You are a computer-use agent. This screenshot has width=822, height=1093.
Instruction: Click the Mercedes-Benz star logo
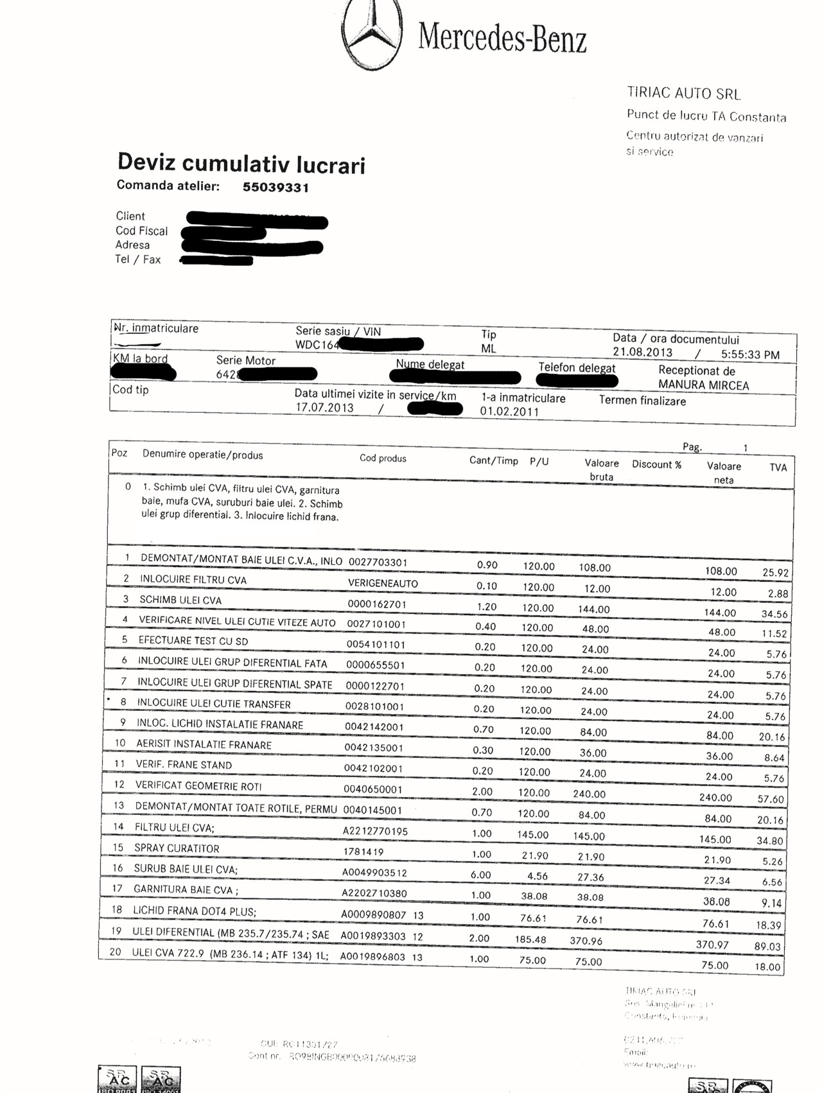pos(372,33)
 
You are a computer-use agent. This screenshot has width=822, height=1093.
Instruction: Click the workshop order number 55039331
pos(275,188)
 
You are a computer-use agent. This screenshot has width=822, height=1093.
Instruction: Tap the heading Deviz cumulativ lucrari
pos(241,163)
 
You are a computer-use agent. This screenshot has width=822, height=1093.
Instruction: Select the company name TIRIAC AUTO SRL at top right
pos(683,94)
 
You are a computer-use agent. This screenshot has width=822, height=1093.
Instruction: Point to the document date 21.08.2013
pos(642,353)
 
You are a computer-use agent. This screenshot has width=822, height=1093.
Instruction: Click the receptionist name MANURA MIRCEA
pos(703,385)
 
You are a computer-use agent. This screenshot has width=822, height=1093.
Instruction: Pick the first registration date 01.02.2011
pos(509,412)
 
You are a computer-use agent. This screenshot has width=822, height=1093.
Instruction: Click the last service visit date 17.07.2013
pos(324,408)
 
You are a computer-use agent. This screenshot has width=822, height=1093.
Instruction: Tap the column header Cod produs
pos(383,459)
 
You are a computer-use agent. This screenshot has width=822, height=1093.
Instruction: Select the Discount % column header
pos(656,464)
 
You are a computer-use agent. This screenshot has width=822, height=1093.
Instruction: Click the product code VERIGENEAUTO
pos(383,584)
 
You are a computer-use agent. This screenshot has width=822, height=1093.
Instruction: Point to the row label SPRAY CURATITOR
pos(177,848)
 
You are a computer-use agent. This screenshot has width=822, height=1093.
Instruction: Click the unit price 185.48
pos(530,940)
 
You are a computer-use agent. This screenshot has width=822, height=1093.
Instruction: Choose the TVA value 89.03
pos(767,947)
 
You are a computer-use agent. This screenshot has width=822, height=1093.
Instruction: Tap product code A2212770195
pos(375,832)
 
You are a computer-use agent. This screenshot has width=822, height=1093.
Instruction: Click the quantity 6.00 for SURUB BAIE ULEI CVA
pos(480,875)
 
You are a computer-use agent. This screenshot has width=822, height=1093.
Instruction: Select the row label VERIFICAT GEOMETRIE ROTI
pos(198,786)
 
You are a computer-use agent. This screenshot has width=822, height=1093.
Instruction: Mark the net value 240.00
pos(715,798)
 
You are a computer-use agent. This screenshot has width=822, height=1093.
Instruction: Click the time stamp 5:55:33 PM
pos(750,354)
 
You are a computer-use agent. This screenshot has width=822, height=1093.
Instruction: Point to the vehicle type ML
pos(489,349)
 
